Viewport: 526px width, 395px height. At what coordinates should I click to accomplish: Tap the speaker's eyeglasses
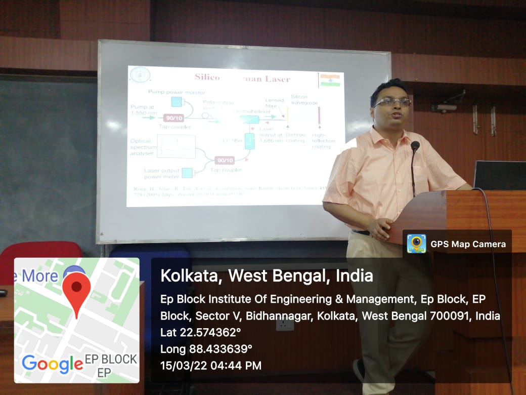[392, 102]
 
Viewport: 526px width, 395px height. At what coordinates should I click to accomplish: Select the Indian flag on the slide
[330, 80]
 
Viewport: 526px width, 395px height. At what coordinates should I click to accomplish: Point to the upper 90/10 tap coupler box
[174, 118]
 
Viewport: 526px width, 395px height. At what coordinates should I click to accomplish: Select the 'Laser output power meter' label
[161, 174]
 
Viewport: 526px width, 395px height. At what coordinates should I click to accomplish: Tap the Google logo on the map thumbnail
[53, 363]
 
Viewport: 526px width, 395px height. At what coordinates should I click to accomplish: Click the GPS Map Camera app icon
[416, 244]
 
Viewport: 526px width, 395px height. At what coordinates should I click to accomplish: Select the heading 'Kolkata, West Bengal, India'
[267, 275]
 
